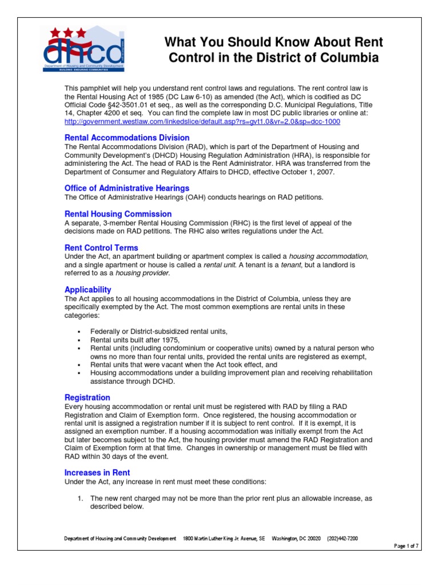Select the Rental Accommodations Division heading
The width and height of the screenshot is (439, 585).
point(127,138)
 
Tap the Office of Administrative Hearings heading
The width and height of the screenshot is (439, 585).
point(127,188)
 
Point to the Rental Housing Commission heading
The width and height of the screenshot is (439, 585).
point(118,214)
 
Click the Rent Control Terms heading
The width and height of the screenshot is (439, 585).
point(101,248)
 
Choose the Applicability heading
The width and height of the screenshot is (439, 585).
point(87,290)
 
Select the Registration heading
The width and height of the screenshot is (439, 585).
point(87,398)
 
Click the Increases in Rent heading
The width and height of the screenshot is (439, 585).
point(97,472)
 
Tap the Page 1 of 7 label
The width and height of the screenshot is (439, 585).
point(406,546)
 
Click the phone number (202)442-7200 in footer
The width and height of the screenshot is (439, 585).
point(343,539)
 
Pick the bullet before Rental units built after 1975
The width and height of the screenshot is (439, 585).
point(78,340)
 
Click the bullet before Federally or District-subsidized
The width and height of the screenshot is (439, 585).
point(78,332)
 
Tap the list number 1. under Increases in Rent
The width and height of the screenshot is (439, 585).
point(81,498)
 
